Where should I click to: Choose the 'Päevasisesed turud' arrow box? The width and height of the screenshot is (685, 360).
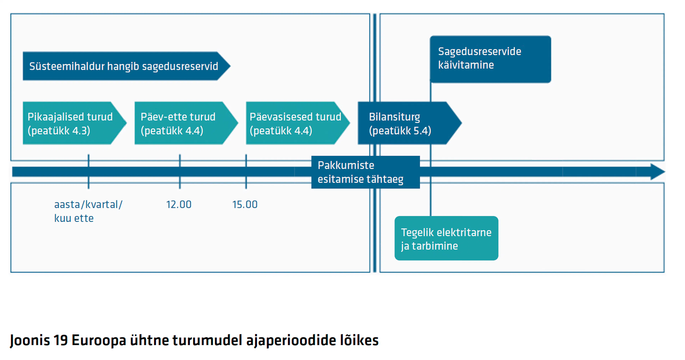pos(298,123)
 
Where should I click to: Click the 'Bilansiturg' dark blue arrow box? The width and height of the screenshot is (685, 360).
pos(410,123)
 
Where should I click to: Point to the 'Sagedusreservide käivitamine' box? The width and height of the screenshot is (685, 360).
pos(490,59)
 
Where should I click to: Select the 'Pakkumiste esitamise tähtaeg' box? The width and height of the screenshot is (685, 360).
pos(366,172)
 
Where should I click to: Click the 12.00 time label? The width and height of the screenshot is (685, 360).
pos(179,205)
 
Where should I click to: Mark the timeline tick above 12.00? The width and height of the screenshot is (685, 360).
pos(180,172)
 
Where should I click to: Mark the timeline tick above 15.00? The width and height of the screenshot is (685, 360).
pos(246,172)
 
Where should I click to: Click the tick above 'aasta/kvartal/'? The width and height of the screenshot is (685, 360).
pos(88,172)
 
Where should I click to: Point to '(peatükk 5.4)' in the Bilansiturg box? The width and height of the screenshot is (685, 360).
pos(400,131)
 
